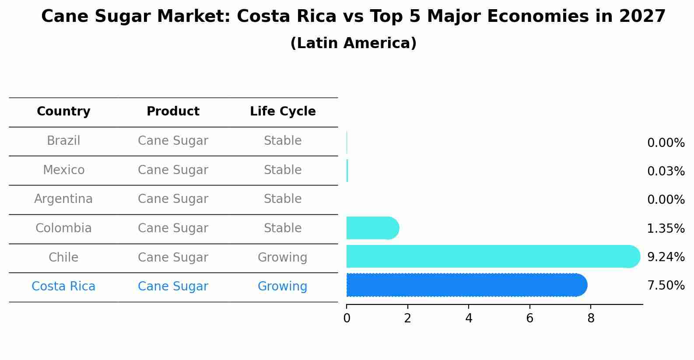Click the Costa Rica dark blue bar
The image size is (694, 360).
[x=466, y=285]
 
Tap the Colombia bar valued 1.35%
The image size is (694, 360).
[x=372, y=228]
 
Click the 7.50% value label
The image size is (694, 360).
[x=666, y=286]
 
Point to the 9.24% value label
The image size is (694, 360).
[x=666, y=257]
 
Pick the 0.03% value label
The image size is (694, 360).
[x=666, y=171]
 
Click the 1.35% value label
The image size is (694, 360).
[x=666, y=228]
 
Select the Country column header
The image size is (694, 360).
[x=63, y=112]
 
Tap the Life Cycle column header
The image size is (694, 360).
[x=283, y=112]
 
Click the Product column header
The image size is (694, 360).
[x=173, y=112]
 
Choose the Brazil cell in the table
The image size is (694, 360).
[x=63, y=141]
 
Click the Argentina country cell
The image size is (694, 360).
[x=63, y=199]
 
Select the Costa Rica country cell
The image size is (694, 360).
[x=63, y=287]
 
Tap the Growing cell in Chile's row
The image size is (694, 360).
[x=283, y=257]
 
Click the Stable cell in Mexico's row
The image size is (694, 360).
[x=283, y=170]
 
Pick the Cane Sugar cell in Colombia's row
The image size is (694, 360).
[x=173, y=228]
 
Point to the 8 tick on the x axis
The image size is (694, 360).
[x=591, y=318]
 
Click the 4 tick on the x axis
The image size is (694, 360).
[x=469, y=318]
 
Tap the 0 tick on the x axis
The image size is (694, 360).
[x=347, y=318]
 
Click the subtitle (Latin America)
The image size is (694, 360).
[x=353, y=43]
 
